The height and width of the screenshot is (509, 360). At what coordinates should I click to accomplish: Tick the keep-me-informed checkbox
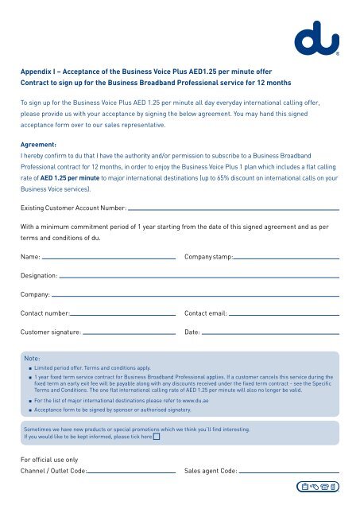point(157,437)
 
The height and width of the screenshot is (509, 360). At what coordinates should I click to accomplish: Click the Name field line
point(109,258)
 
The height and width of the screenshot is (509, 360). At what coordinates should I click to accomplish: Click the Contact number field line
point(123,315)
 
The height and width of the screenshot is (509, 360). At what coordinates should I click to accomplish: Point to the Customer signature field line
point(129,334)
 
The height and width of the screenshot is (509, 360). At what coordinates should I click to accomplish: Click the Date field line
point(271,334)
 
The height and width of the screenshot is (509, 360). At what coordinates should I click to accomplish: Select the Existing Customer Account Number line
point(234,210)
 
